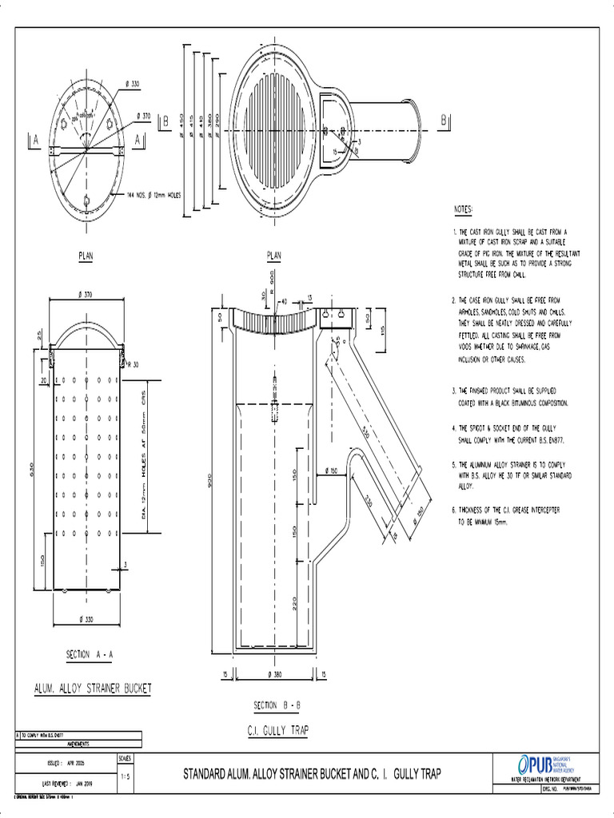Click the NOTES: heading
point(463,209)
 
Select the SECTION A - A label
point(90,653)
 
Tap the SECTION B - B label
point(277,705)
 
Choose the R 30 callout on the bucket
point(133,365)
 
